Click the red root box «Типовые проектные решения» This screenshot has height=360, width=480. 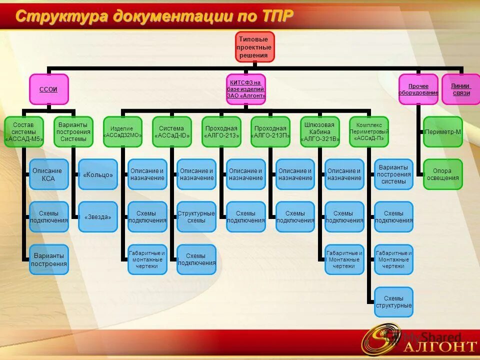[255, 47]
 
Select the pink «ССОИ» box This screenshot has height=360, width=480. [48, 89]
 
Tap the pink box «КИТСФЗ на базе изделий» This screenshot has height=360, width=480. [245, 89]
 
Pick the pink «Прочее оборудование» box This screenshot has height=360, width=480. [418, 89]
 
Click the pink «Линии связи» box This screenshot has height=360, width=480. [460, 89]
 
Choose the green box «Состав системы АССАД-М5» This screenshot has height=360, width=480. [24, 131]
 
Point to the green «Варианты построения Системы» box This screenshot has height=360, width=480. [73, 131]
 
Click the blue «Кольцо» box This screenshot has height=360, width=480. [98, 174]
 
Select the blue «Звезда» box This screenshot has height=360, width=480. [98, 216]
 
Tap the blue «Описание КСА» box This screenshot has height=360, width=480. [48, 174]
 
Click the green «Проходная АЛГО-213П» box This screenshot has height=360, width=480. [270, 131]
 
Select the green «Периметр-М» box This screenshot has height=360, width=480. [443, 131]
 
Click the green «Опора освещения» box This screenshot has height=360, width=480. [443, 174]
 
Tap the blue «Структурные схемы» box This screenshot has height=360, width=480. [196, 216]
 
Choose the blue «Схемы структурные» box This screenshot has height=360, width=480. [394, 301]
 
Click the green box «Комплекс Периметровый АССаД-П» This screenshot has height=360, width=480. [369, 131]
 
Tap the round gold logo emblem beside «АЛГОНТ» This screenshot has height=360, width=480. [381, 338]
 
